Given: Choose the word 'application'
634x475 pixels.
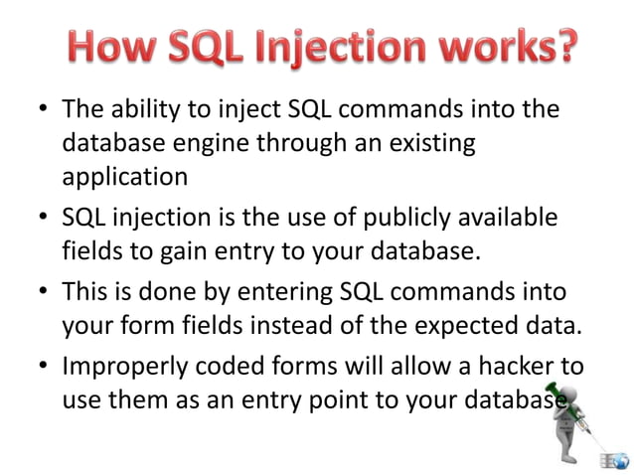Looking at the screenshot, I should pyautogui.click(x=124, y=178).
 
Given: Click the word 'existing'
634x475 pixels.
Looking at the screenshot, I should pyautogui.click(x=427, y=143).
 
